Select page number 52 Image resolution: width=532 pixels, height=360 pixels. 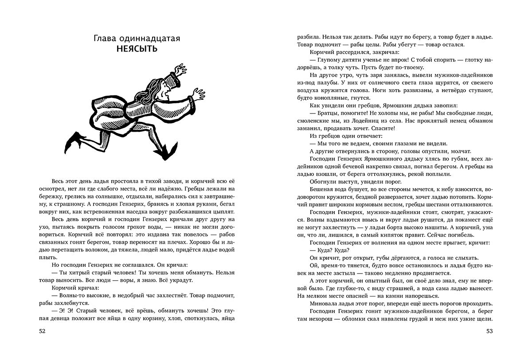(42, 331)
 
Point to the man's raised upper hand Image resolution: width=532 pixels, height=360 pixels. (180, 70)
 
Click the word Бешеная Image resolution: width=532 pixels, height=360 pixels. (324, 189)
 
